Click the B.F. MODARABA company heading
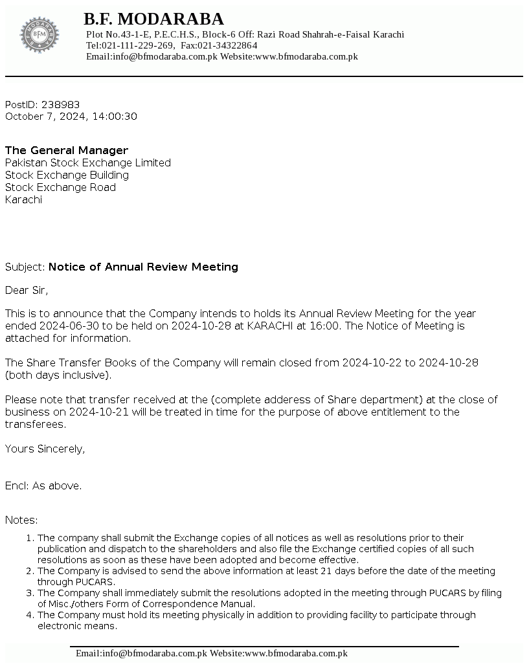[153, 19]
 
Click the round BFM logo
[39, 35]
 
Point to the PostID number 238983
[60, 104]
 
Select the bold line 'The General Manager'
[67, 150]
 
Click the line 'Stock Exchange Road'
[60, 187]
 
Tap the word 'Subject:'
[25, 267]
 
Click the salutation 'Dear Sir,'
[27, 290]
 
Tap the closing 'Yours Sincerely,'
[45, 449]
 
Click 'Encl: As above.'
[43, 485]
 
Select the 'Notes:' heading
[21, 520]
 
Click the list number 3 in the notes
[29, 593]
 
